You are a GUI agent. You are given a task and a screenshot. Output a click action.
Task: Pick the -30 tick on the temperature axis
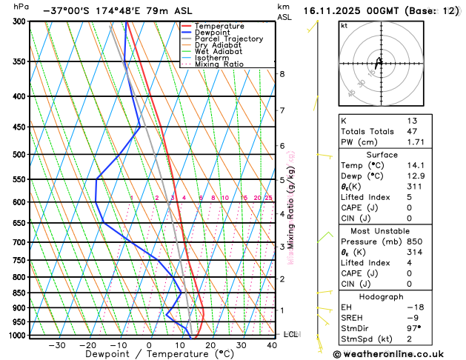tap(56, 345)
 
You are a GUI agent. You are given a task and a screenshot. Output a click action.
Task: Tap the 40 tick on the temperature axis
tap(273, 345)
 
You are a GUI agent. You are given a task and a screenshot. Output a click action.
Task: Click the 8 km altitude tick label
tap(282, 74)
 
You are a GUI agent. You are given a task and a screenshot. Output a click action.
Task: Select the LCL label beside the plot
tap(290, 335)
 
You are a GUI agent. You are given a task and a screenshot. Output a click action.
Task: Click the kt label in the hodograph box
tap(343, 25)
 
